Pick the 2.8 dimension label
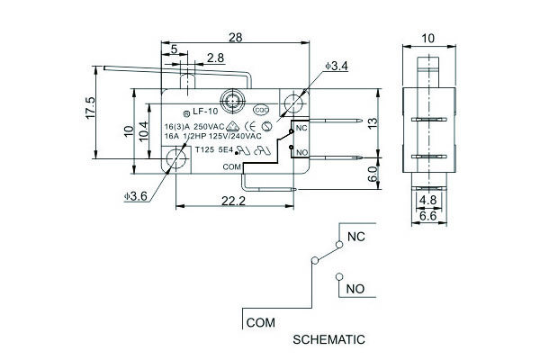(x=215, y=58)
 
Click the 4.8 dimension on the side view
(x=428, y=201)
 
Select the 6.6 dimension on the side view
(x=428, y=216)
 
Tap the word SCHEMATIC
(x=329, y=340)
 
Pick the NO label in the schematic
(x=355, y=291)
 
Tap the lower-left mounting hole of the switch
(x=175, y=161)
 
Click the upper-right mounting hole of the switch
(x=292, y=103)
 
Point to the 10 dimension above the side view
(x=427, y=40)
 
